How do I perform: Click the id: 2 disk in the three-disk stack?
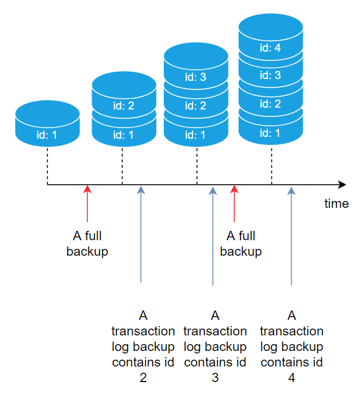(196, 105)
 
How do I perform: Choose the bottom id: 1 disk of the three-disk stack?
(196, 133)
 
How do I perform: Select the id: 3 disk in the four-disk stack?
(271, 75)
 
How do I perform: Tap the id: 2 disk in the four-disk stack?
(271, 104)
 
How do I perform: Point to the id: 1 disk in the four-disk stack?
(271, 132)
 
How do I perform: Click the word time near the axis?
(336, 203)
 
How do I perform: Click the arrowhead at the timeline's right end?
(342, 185)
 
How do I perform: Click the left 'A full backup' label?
(87, 244)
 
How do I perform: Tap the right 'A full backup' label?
(240, 244)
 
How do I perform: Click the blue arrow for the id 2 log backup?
(141, 234)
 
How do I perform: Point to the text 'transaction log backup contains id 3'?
(215, 346)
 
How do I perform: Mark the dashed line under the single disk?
(47, 166)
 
